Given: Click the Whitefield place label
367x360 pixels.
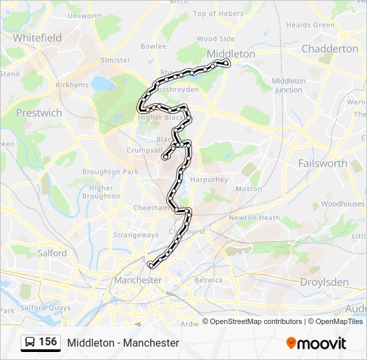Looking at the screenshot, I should coord(37,37).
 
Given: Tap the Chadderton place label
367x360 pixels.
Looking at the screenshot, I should coord(330,49).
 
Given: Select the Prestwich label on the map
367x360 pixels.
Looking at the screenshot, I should coord(39,113).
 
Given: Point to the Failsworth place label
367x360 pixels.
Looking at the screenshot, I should coord(323,163).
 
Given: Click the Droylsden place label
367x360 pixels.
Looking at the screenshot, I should coord(324,282).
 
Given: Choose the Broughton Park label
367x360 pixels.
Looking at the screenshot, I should coord(110,171).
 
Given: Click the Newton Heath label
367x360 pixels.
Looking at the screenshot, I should coord(254,217).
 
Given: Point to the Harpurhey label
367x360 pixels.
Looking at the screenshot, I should coord(209,179).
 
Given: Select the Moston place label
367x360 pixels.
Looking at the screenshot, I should coord(249,189).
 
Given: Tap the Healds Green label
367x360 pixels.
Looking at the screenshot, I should coord(310,25).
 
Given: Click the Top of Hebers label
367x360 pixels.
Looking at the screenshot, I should coord(218,13).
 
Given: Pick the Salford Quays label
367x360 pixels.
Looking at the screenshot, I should coord(45,307).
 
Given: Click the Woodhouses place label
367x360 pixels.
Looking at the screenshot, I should coord(342,203).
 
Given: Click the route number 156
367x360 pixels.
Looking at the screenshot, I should coord(47,342).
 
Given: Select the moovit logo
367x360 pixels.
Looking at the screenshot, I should coord(316,343).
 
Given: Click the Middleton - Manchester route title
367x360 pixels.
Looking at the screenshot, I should coord(123,343).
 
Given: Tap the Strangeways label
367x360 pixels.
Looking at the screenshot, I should coord(135,235).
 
